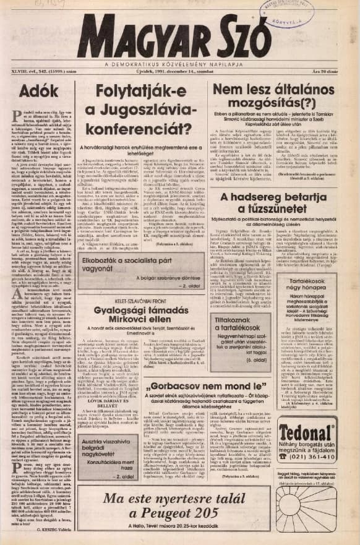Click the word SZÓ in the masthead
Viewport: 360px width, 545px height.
[239, 36]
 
